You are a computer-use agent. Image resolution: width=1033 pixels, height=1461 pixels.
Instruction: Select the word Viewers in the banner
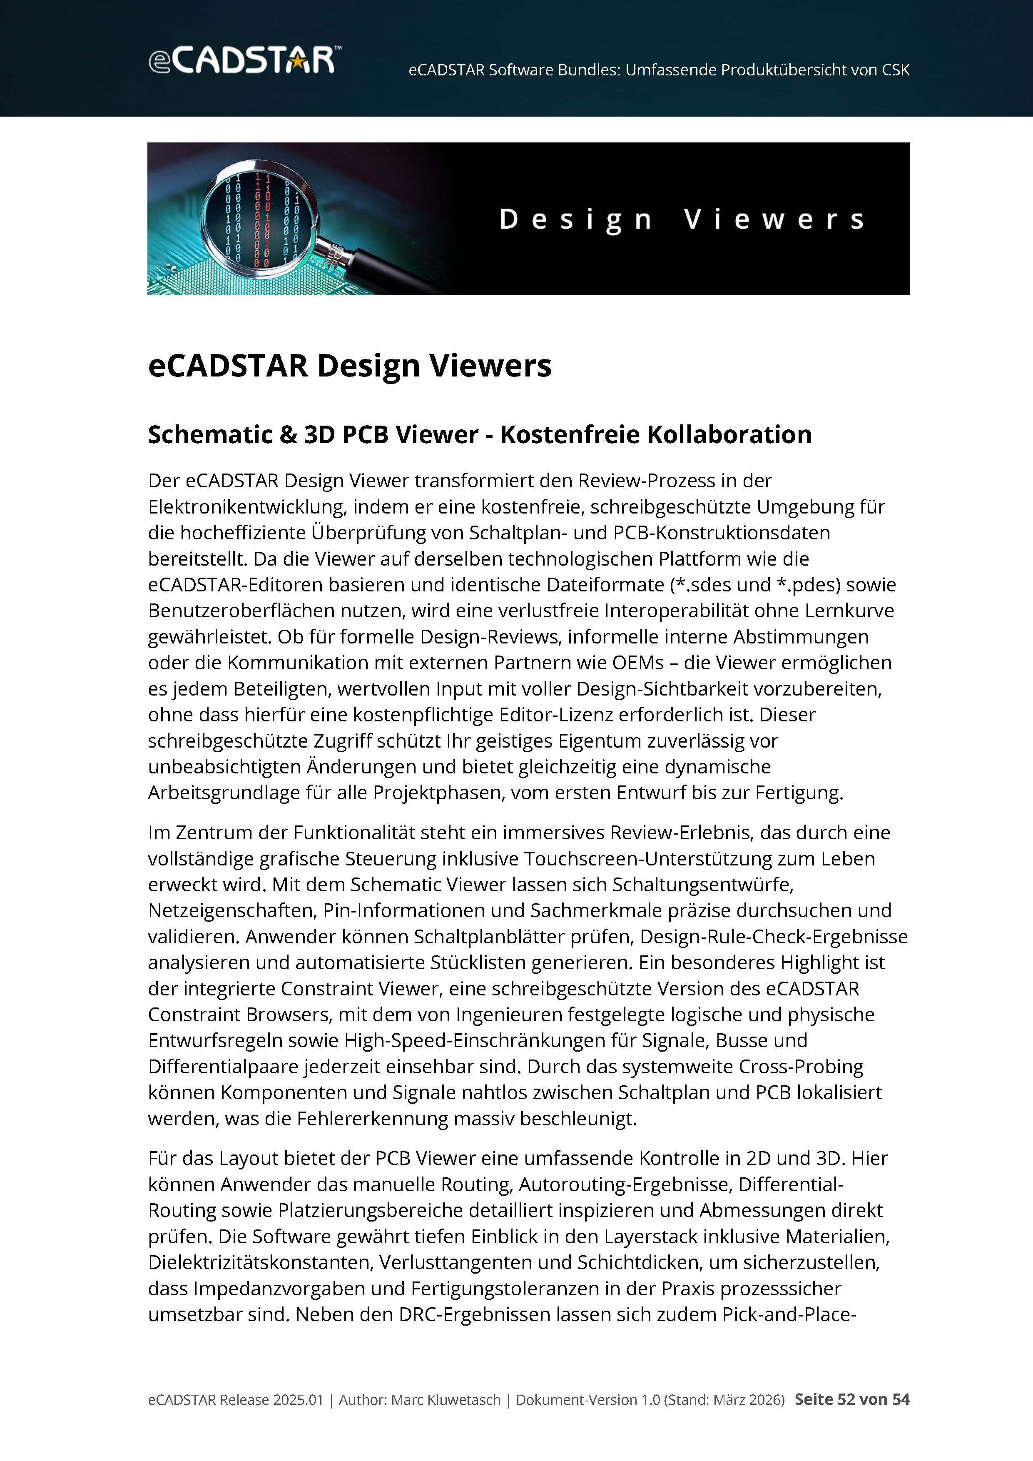pyautogui.click(x=774, y=219)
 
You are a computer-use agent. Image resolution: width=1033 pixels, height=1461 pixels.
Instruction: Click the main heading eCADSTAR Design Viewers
pyautogui.click(x=349, y=366)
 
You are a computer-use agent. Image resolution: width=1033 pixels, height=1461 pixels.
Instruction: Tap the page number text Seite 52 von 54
pyautogui.click(x=852, y=1399)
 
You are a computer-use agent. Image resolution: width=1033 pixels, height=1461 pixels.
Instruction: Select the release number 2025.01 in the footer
pyautogui.click(x=298, y=1400)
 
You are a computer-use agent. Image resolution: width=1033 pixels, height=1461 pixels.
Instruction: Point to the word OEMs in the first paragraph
pyautogui.click(x=637, y=663)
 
